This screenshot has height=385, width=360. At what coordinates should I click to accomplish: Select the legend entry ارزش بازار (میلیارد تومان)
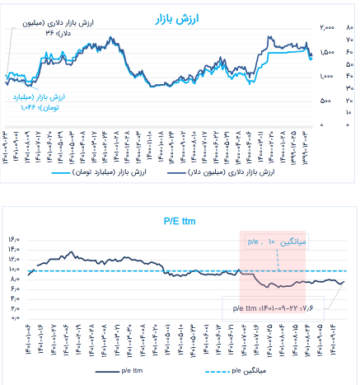pyautogui.click(x=90, y=173)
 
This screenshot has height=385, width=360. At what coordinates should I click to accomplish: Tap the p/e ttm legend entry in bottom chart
pyautogui.click(x=120, y=373)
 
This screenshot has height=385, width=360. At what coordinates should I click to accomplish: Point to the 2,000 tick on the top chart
pyautogui.click(x=327, y=27)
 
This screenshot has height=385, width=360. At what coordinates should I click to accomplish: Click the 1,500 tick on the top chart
pyautogui.click(x=327, y=52)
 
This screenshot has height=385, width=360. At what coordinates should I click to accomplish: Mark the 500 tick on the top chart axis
pyautogui.click(x=327, y=101)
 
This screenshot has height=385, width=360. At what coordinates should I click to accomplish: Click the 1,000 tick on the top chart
pyautogui.click(x=327, y=76)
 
